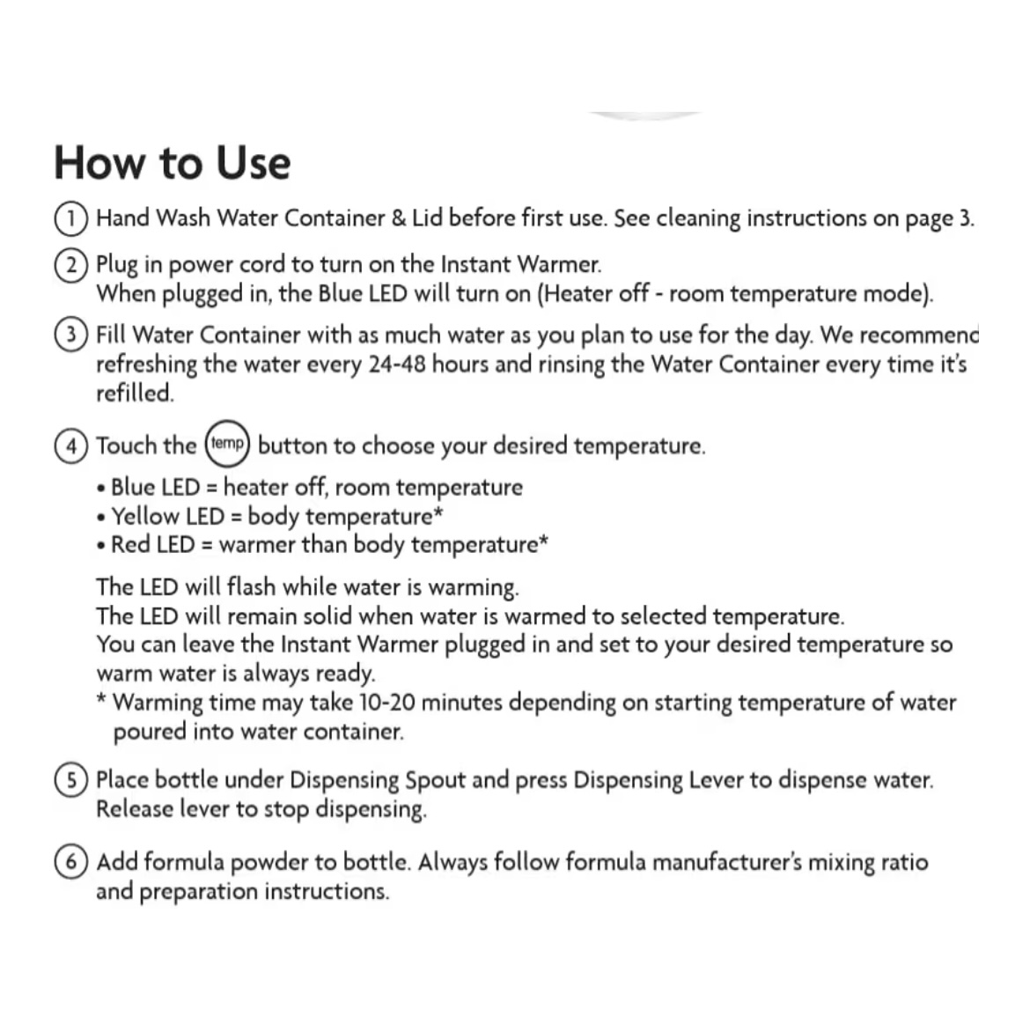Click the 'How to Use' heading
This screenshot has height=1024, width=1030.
click(x=172, y=163)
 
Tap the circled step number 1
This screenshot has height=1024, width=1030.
click(x=70, y=217)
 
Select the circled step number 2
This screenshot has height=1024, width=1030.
click(x=70, y=264)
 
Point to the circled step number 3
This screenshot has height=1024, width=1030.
click(x=70, y=335)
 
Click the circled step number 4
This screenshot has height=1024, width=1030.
click(x=70, y=446)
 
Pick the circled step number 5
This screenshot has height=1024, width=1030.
click(x=70, y=780)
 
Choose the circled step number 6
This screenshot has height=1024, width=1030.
click(x=70, y=862)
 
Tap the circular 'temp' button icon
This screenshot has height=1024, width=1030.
click(x=227, y=443)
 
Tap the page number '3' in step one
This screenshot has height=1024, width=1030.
click(x=965, y=217)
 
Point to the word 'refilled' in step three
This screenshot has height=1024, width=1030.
click(x=134, y=393)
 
